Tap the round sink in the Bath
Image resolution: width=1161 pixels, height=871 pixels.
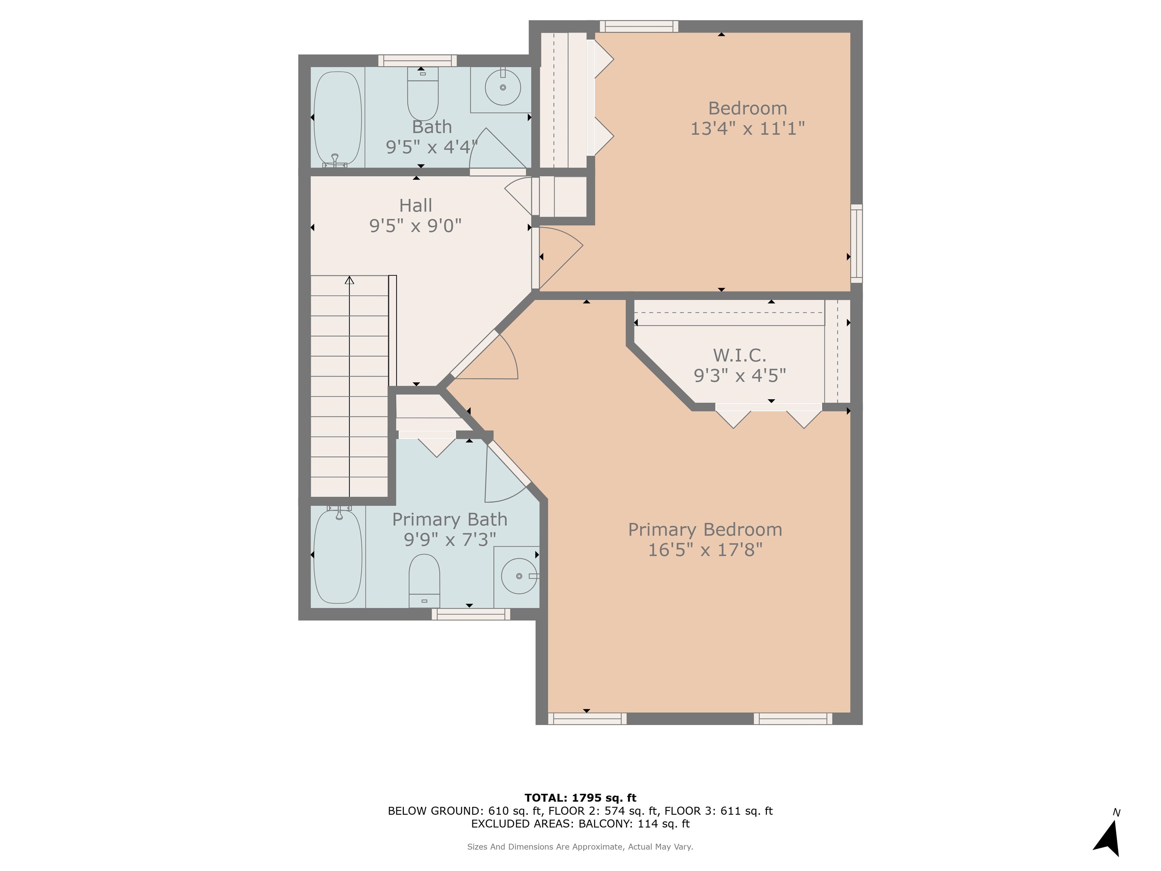[x=502, y=88]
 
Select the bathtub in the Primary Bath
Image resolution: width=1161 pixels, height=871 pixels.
[x=337, y=556]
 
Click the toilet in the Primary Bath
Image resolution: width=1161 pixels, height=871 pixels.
[x=424, y=578]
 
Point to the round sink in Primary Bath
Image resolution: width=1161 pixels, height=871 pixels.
[x=518, y=576]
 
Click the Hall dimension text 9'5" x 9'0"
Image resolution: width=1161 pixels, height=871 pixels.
[x=415, y=226]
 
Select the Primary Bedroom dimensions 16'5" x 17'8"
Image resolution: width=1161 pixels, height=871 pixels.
[x=705, y=550]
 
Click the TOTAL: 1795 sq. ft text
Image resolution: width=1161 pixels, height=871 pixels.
[x=580, y=798]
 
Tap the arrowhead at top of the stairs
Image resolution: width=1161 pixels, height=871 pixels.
[x=350, y=280]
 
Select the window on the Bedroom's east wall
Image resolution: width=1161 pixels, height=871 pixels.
[x=856, y=243]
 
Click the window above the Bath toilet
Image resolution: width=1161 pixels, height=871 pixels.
[x=417, y=61]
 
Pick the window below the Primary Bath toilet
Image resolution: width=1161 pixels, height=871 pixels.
[x=471, y=614]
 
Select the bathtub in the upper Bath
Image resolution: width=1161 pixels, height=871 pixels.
[x=337, y=118]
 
